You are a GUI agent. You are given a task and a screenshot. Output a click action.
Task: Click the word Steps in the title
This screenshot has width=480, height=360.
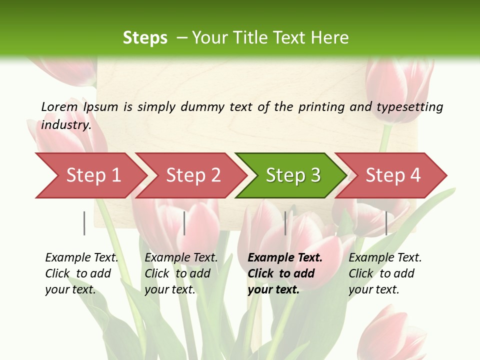pyautogui.click(x=145, y=37)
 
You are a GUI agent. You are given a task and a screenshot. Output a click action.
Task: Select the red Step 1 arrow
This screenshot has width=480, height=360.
pyautogui.click(x=90, y=175)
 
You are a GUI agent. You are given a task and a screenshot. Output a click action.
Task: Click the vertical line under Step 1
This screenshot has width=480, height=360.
pyautogui.click(x=84, y=223)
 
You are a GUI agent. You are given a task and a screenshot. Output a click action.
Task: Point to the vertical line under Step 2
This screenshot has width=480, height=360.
pyautogui.click(x=184, y=223)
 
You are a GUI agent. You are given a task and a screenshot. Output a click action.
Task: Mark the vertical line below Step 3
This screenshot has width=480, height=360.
pyautogui.click(x=285, y=223)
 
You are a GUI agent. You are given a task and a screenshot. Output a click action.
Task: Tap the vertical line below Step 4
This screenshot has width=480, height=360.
pyautogui.click(x=386, y=223)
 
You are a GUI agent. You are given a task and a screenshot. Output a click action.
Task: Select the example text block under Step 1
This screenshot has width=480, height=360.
pyautogui.click(x=81, y=273)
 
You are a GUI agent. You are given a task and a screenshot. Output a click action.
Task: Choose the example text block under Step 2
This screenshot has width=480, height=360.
pyautogui.click(x=181, y=273)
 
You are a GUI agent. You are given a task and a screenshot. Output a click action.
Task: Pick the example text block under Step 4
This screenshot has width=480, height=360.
pyautogui.click(x=385, y=273)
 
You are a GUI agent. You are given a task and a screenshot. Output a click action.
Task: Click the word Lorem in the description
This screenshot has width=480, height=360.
pyautogui.click(x=59, y=106)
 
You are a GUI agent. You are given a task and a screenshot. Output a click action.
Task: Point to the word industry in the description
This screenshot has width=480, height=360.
pyautogui.click(x=66, y=125)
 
